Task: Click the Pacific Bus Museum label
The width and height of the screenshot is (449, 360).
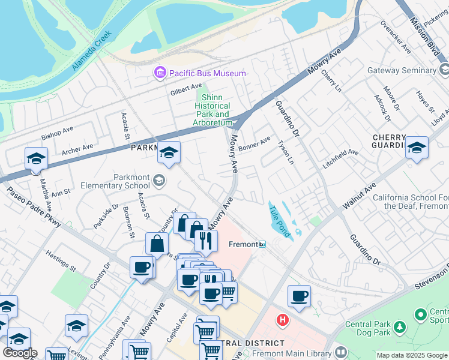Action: pyautogui.click(x=207, y=73)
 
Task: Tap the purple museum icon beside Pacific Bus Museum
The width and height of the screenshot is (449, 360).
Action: pyautogui.click(x=160, y=73)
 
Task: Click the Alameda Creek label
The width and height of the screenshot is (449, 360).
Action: pyautogui.click(x=92, y=56)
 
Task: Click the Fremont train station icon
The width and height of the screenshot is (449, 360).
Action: pyautogui.click(x=262, y=244)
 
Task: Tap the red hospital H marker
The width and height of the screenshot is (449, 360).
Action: pyautogui.click(x=283, y=320)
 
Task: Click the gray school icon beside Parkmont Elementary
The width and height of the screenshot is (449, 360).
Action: pyautogui.click(x=159, y=180)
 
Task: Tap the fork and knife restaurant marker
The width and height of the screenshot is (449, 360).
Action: pyautogui.click(x=205, y=241)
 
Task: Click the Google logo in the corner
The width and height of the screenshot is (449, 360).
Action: pyautogui.click(x=20, y=353)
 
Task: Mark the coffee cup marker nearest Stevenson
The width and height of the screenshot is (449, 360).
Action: pyautogui.click(x=299, y=296)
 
